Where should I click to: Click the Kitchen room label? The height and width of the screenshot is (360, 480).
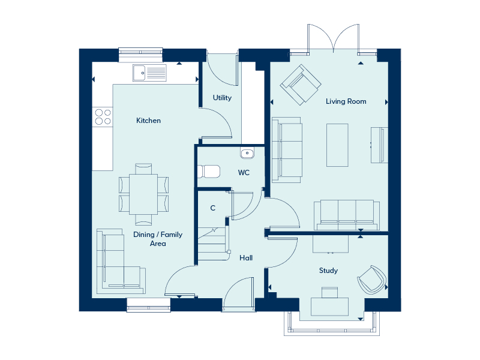click(x=148, y=121)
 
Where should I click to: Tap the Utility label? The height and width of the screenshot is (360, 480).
click(x=222, y=98)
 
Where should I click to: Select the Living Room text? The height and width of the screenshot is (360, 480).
click(x=346, y=101)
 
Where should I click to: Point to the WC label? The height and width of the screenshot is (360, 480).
click(x=244, y=173)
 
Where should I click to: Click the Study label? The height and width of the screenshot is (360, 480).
click(x=328, y=271)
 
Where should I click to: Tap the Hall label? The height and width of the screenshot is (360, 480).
click(x=246, y=258)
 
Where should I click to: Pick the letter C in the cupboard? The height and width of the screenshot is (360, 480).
click(x=213, y=208)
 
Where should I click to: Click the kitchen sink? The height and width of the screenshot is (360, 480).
click(x=149, y=73)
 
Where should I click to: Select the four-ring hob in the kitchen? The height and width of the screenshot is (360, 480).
click(x=103, y=117)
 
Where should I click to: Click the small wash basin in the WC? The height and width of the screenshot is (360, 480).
click(x=247, y=153)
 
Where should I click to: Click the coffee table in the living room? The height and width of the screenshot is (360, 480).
click(x=337, y=145)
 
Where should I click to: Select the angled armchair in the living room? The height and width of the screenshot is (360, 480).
click(x=301, y=85)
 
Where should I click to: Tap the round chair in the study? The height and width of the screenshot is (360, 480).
click(x=371, y=280)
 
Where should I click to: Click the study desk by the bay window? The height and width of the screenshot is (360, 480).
click(x=329, y=307)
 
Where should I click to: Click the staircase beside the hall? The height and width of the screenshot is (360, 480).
click(x=214, y=244)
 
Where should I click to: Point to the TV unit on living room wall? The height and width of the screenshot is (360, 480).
click(x=380, y=145)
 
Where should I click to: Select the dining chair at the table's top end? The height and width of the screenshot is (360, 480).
click(x=143, y=169)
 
